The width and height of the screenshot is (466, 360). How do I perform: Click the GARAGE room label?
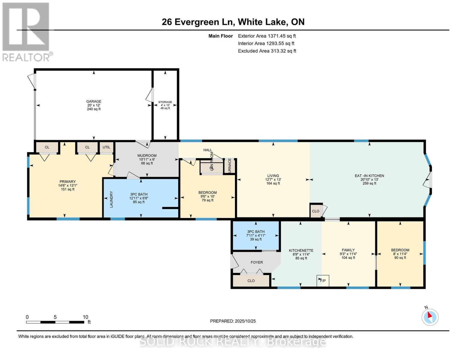pos(94,101)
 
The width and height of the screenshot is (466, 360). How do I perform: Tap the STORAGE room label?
pos(165,102)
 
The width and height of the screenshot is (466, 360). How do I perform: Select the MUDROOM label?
pos(147,155)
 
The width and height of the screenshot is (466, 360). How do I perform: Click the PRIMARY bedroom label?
pos(68,181)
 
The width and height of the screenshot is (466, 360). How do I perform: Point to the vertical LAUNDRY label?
pos(111,199)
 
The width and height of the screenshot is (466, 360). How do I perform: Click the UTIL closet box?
pos(106,147)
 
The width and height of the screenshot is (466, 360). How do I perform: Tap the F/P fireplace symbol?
pos(323,281)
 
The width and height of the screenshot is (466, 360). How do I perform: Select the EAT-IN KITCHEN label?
pos(369,176)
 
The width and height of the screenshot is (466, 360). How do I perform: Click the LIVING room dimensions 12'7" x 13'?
pos(273,179)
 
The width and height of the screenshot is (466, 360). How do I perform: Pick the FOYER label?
pos(257,262)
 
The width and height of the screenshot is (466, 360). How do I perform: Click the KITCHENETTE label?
pos(301,250)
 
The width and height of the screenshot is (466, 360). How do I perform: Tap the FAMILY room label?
pos(348,250)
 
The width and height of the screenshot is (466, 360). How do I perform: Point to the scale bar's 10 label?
pos(86,317)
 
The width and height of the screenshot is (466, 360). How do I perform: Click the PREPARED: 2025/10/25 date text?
pos(233,321)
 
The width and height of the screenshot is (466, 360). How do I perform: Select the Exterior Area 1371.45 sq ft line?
pos(267,36)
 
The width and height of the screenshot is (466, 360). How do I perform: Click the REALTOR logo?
pos(27,32)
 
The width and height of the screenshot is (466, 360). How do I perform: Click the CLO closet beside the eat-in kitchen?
pos(316,211)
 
